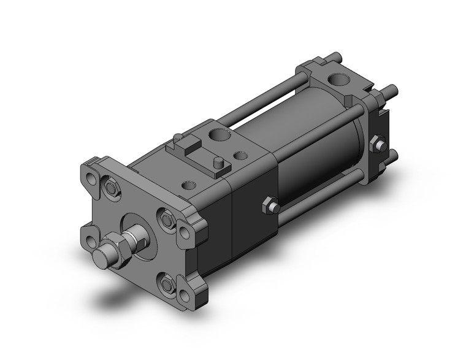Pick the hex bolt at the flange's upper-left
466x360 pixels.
pyautogui.click(x=110, y=186)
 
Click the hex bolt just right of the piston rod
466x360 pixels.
pyautogui.click(x=166, y=218)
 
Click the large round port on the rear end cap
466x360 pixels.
pyautogui.click(x=337, y=80)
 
